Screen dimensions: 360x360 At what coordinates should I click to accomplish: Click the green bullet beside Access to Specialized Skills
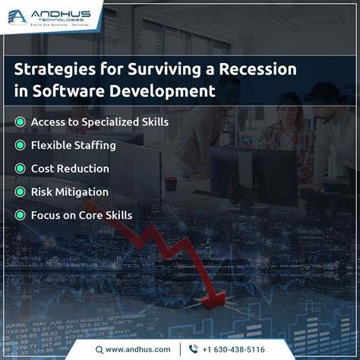(x=20, y=122)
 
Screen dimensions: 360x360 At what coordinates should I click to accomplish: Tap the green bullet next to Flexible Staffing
(x=20, y=145)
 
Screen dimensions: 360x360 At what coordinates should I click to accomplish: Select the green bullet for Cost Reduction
(x=20, y=169)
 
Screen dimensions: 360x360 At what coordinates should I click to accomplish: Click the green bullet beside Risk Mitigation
(x=20, y=192)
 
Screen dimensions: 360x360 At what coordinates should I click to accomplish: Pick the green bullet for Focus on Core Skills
(x=20, y=216)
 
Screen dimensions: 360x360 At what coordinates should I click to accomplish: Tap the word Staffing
(x=98, y=145)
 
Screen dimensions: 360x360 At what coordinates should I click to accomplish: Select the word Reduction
(x=84, y=169)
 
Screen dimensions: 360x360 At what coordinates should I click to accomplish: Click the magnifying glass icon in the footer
(x=99, y=349)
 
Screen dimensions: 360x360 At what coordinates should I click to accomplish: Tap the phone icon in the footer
(x=193, y=349)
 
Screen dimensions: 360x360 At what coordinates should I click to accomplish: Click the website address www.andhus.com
(x=137, y=349)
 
